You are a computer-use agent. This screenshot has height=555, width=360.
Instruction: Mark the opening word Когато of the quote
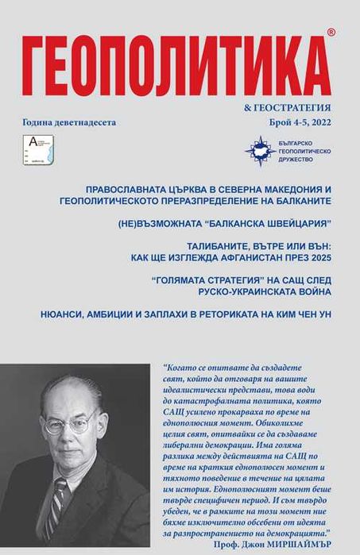184,368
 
